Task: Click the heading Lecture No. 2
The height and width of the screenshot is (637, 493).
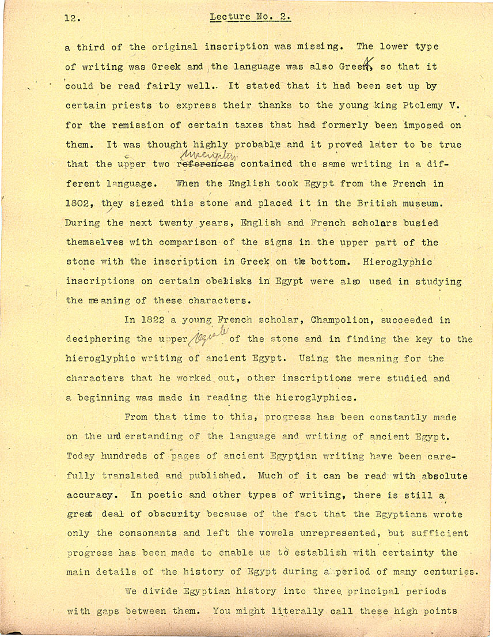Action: (x=251, y=17)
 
